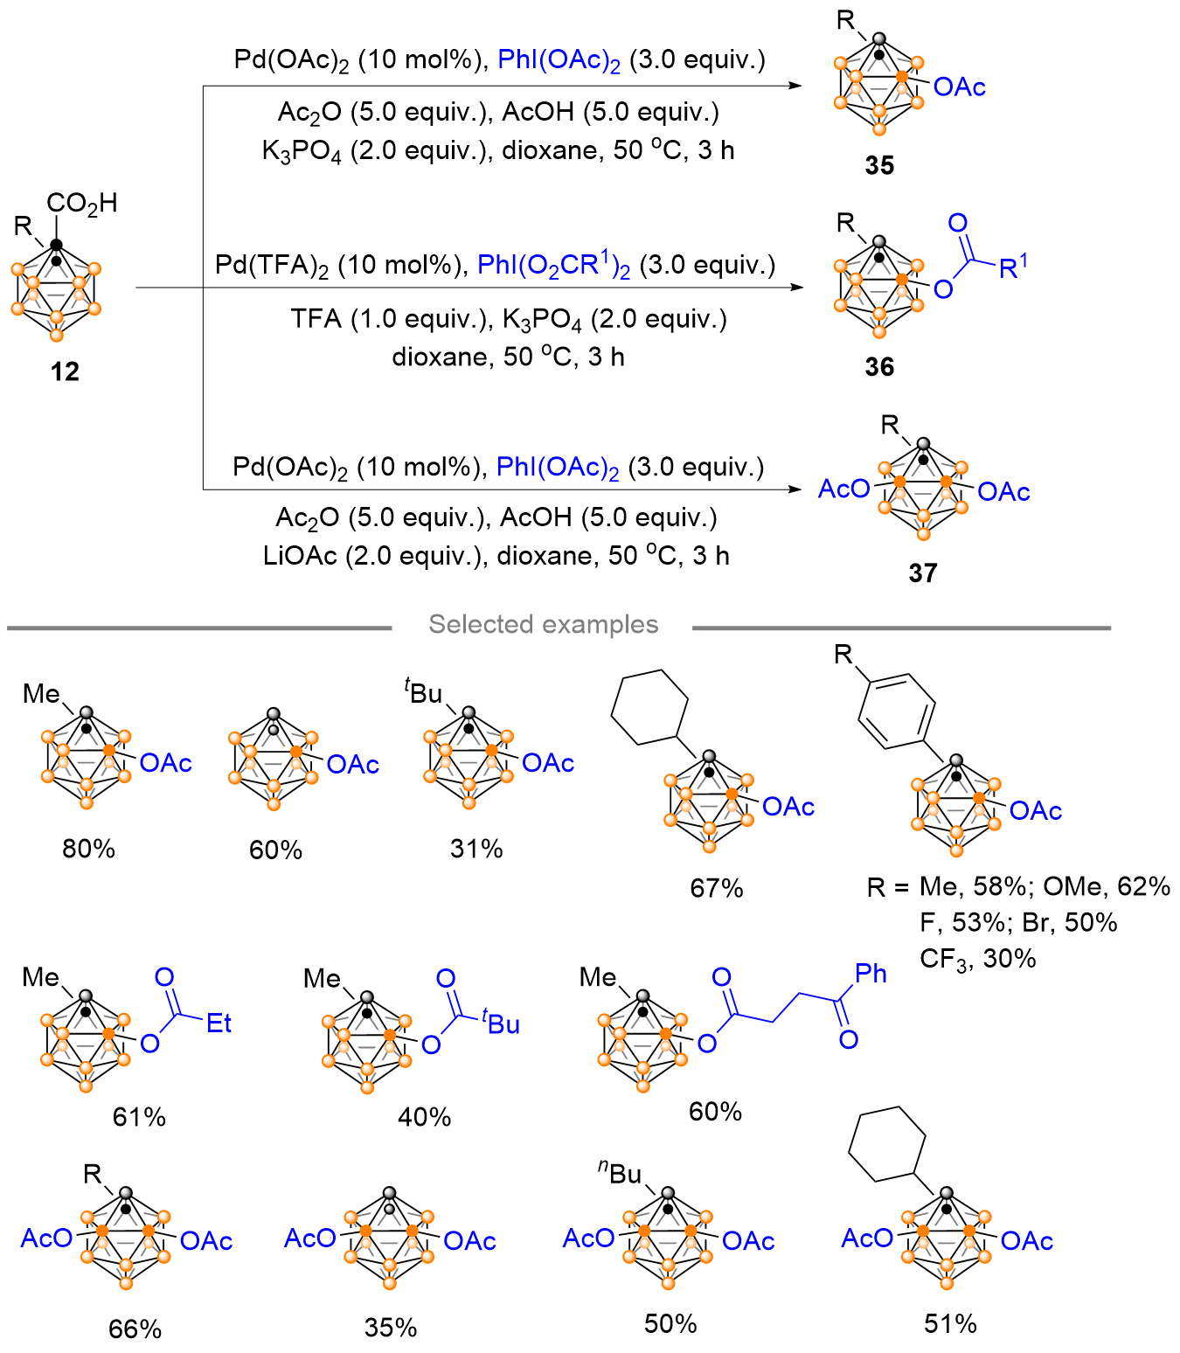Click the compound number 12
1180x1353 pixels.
tap(65, 371)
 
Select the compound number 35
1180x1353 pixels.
tap(879, 165)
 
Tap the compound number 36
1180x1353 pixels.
tap(879, 367)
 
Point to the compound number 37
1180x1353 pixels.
tap(923, 572)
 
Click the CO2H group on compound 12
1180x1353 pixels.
tap(81, 204)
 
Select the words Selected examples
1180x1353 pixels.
tap(543, 624)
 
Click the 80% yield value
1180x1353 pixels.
tap(88, 849)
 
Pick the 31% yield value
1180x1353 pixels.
tap(476, 849)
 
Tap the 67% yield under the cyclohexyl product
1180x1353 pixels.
tap(716, 888)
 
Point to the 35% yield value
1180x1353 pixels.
tap(391, 1328)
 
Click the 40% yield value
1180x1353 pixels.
tap(425, 1117)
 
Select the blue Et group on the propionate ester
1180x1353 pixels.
tap(219, 1023)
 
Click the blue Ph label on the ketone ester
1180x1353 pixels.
tap(871, 974)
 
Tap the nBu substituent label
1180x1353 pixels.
tap(620, 1173)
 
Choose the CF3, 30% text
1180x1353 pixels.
tap(977, 959)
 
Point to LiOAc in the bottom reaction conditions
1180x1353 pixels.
tap(300, 556)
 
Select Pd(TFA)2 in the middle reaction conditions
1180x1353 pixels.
tap(272, 265)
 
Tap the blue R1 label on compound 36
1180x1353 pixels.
tap(1013, 267)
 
